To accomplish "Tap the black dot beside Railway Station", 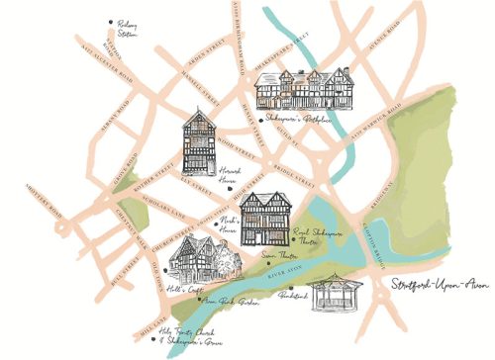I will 110,21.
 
